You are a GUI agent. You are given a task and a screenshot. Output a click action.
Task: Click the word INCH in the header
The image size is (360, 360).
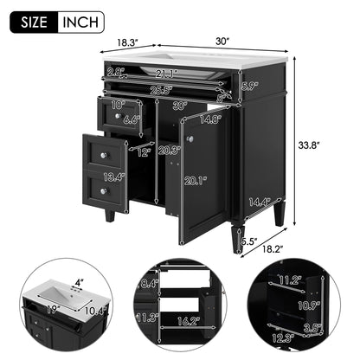click(x=80, y=21)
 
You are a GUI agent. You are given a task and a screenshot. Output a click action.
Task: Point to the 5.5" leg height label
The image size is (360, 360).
click(x=248, y=242)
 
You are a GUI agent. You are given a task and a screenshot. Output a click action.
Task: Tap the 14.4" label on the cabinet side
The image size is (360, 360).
click(x=257, y=202)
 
